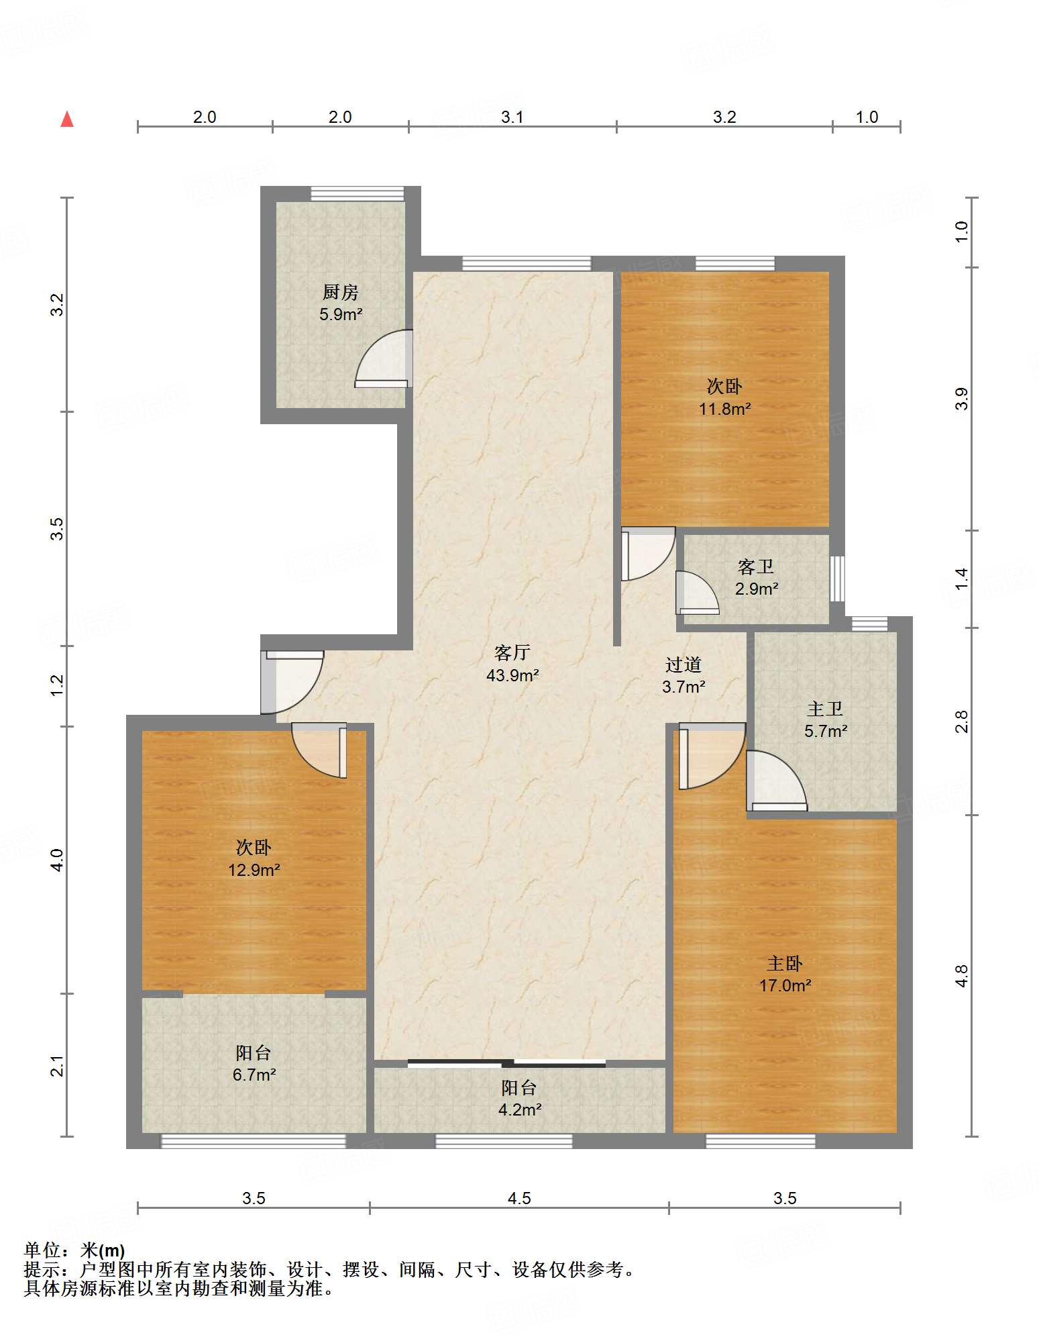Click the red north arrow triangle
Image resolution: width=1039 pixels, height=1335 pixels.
(x=67, y=119)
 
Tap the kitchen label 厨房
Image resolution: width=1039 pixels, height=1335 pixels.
(x=341, y=292)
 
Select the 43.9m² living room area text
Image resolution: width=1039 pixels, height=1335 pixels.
(x=512, y=675)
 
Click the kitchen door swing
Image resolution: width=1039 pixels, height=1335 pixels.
(x=383, y=358)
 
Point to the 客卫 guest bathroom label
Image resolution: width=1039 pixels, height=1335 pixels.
(x=756, y=567)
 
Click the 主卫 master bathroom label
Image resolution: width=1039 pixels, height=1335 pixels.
(x=825, y=709)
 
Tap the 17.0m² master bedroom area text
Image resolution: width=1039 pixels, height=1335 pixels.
(x=785, y=985)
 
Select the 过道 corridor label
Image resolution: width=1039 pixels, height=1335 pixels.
(x=683, y=664)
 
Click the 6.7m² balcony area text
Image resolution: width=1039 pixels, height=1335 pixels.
(x=254, y=1075)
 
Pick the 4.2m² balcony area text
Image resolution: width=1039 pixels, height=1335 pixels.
(x=520, y=1109)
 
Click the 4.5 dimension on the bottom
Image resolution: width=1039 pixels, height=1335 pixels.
(x=519, y=1198)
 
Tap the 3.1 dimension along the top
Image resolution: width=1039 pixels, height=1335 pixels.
(x=512, y=117)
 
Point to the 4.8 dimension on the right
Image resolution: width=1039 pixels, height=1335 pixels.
(x=962, y=975)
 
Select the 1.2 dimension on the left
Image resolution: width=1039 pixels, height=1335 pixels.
(x=58, y=685)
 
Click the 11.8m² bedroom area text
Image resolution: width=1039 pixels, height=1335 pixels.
(x=725, y=409)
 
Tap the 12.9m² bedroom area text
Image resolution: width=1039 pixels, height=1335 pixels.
(x=254, y=870)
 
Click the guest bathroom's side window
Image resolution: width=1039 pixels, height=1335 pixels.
(x=837, y=578)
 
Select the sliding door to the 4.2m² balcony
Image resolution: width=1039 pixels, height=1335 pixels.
(x=507, y=1062)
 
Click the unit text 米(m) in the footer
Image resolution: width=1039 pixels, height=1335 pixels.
(x=103, y=1250)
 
